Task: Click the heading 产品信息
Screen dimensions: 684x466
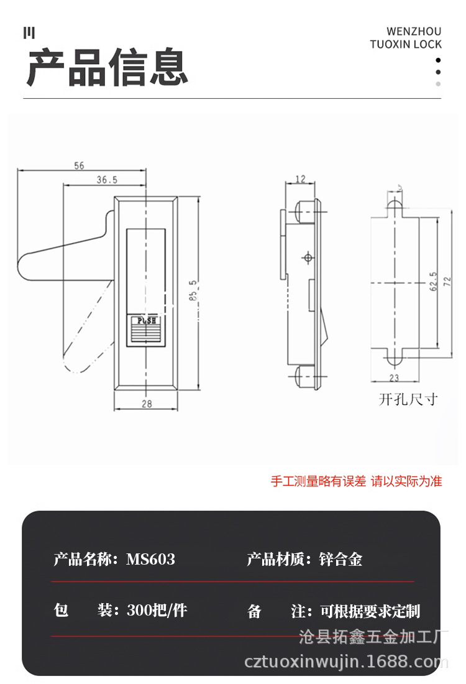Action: click(x=107, y=67)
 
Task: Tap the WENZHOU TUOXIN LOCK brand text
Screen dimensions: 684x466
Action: click(x=406, y=38)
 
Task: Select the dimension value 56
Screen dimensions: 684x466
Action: click(x=79, y=165)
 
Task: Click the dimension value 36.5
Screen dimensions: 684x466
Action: click(x=107, y=180)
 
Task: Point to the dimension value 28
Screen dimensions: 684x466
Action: click(x=146, y=404)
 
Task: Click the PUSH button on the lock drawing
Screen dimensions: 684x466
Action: click(x=147, y=321)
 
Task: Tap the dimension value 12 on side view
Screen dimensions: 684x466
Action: click(x=300, y=179)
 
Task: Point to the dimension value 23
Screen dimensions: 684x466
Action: click(x=393, y=377)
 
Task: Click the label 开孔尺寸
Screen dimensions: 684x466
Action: click(x=408, y=399)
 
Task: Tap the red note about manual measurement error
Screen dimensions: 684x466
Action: click(x=356, y=481)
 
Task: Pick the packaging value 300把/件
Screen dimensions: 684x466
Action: click(x=157, y=611)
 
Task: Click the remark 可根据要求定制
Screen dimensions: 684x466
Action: click(x=370, y=611)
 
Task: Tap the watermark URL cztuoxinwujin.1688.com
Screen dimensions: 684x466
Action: click(x=347, y=662)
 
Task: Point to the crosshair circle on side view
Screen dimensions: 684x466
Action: click(x=307, y=257)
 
